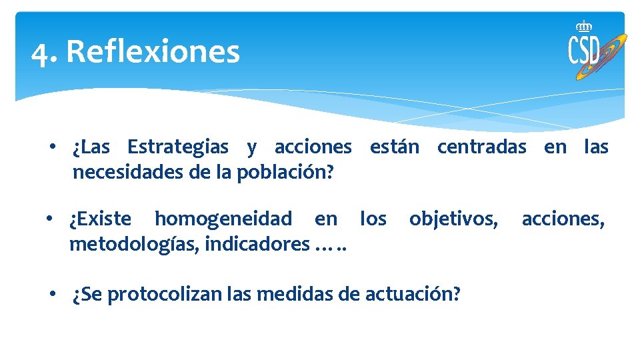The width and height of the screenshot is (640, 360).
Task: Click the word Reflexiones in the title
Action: click(x=153, y=51)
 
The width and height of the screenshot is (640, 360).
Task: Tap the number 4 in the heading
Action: click(x=42, y=53)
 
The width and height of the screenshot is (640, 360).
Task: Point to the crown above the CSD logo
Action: click(x=584, y=26)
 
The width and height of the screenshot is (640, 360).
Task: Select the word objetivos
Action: click(x=453, y=219)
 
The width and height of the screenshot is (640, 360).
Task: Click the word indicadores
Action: click(x=257, y=245)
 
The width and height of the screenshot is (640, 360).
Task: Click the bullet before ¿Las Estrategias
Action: click(x=60, y=147)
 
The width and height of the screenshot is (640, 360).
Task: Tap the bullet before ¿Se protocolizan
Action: click(x=60, y=294)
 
